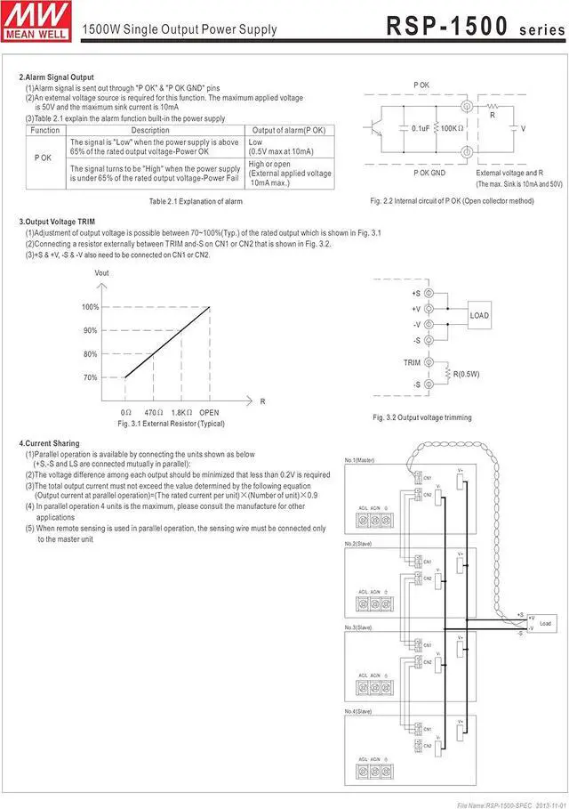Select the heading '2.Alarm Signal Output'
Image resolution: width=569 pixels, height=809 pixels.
56,77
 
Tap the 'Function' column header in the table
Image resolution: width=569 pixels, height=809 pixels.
44,130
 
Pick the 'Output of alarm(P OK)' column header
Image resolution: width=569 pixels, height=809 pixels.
290,130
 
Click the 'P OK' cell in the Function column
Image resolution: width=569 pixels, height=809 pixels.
44,158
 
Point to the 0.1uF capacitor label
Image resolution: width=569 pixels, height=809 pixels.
421,128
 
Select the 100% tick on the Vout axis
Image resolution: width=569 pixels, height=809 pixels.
90,307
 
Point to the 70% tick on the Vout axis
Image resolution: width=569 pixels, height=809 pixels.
91,377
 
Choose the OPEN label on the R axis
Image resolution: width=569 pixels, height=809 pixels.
209,413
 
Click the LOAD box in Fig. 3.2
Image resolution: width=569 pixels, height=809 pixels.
478,316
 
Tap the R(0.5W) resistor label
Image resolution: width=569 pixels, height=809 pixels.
467,374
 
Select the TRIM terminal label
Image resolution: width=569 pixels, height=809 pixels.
412,363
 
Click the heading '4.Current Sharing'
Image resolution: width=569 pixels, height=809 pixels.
49,443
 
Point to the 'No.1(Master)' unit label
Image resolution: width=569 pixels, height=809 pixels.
361,460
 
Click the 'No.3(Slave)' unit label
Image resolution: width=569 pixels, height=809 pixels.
360,627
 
